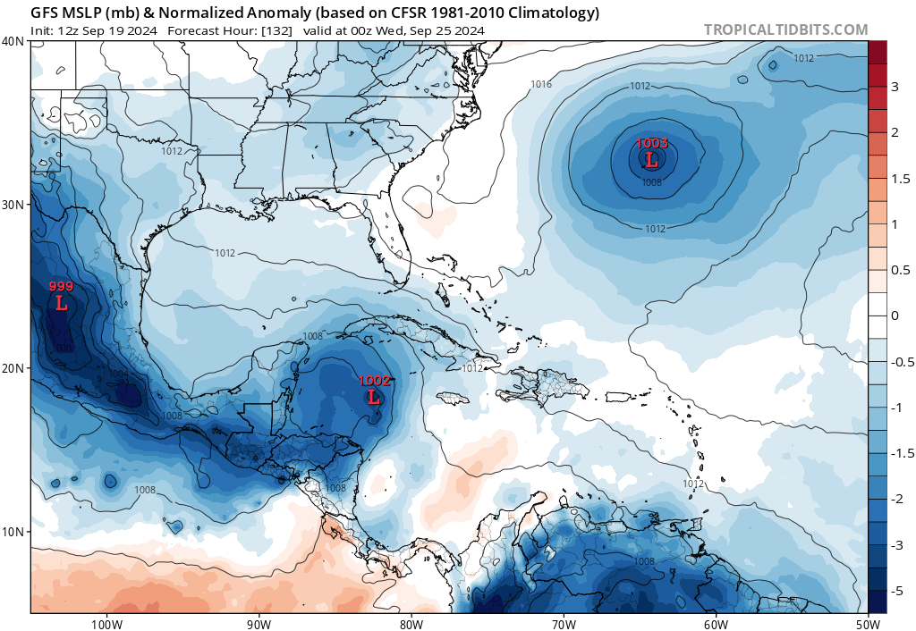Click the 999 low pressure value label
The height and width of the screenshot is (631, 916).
[x=61, y=286]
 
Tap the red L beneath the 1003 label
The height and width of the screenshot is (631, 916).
[x=651, y=160]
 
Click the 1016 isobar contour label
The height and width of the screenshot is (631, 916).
[x=541, y=85]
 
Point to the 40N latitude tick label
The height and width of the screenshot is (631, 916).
[x=13, y=41]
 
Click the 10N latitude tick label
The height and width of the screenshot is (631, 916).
[x=13, y=532]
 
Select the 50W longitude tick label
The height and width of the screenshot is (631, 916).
[x=868, y=623]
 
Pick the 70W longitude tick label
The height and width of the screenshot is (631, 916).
[x=563, y=623]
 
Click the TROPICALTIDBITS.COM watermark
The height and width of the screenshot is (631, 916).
[x=785, y=29]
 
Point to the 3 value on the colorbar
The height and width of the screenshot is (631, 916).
[x=895, y=87]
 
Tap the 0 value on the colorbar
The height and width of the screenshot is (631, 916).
[x=895, y=315]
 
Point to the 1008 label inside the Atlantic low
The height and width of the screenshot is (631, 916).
[x=651, y=182]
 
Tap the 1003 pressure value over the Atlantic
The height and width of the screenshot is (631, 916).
[x=651, y=143]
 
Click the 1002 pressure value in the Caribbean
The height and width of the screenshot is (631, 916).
[x=374, y=380]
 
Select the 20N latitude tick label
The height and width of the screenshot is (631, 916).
[x=13, y=368]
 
